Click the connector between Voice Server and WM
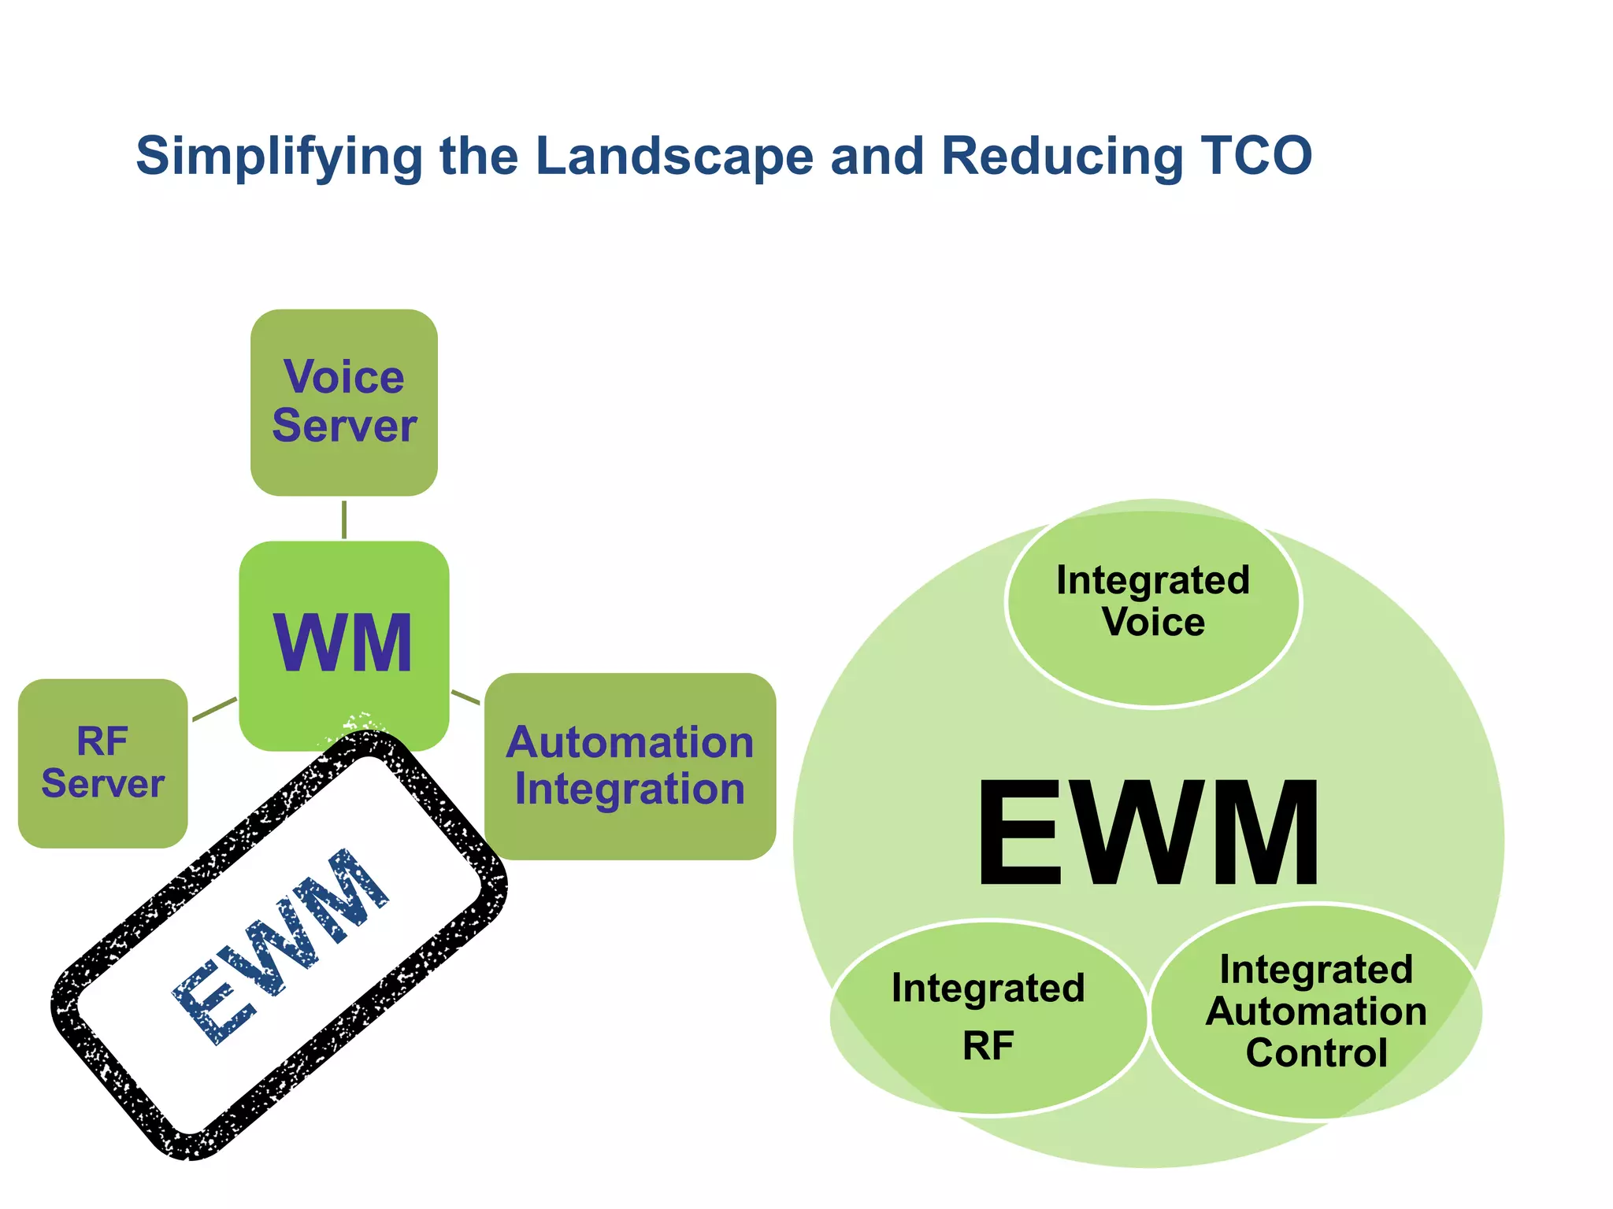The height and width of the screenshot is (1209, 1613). click(344, 519)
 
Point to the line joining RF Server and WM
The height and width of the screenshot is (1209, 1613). click(214, 708)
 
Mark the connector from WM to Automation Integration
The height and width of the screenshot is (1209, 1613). click(465, 697)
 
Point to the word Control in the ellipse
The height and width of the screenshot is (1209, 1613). click(1316, 1053)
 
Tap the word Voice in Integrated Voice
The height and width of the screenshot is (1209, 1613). click(1153, 622)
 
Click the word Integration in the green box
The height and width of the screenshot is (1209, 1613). click(629, 789)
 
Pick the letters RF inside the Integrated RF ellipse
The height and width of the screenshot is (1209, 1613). click(988, 1046)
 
